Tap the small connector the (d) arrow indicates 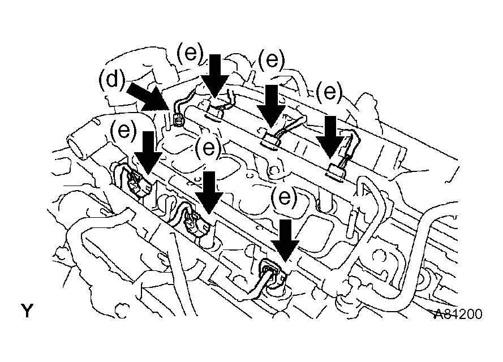point(179,118)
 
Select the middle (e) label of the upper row point(271,60)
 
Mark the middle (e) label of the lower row point(208,149)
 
